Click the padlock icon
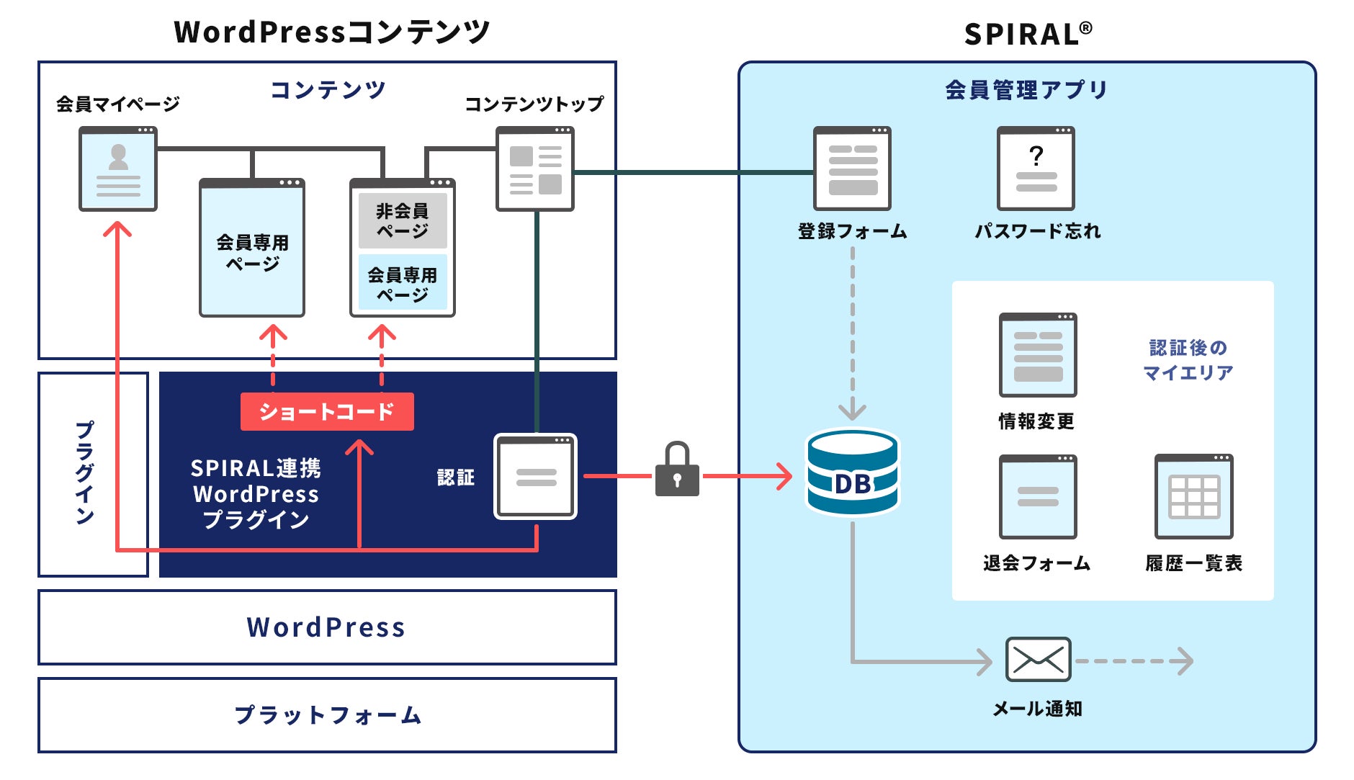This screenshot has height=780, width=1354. [677, 471]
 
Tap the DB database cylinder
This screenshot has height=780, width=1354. [852, 473]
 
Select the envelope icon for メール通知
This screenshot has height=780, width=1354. [1038, 660]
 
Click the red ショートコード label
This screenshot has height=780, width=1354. [327, 411]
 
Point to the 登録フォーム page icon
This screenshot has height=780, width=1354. [852, 169]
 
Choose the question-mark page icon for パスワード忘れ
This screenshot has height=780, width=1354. [1036, 169]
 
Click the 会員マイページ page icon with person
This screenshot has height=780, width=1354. [118, 169]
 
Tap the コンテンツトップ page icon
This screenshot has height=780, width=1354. [535, 169]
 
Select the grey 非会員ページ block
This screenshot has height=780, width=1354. [403, 220]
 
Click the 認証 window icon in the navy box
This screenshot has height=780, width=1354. [535, 476]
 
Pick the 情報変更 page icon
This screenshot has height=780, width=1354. [1038, 355]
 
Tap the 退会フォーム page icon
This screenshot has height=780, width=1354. [1038, 497]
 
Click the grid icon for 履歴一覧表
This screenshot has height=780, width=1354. [1193, 497]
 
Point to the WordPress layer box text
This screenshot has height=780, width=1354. [326, 627]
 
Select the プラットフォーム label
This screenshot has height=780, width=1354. [328, 715]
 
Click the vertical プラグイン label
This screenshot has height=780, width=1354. [85, 473]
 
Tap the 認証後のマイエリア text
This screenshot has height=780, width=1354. [1188, 360]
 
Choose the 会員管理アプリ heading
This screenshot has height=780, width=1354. [1026, 90]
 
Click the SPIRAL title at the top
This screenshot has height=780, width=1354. [1028, 34]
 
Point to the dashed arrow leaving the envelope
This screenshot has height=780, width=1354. [1134, 660]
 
